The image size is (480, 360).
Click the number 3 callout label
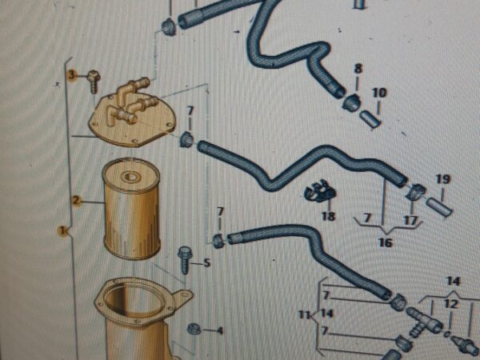pyautogui.click(x=71, y=75)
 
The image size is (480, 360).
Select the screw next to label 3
pyautogui.click(x=94, y=82)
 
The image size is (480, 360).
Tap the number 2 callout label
pyautogui.click(x=76, y=201)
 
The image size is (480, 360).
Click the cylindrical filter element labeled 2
pyautogui.click(x=132, y=209)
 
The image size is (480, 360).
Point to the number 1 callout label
pyautogui.click(x=62, y=230)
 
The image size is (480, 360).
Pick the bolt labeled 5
pyautogui.click(x=185, y=259)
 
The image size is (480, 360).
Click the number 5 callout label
pyautogui.click(x=207, y=263)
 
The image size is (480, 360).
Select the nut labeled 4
pyautogui.click(x=194, y=329)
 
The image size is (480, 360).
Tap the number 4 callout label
pyautogui.click(x=219, y=331)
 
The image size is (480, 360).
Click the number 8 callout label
pyautogui.click(x=358, y=69)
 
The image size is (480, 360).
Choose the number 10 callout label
pyautogui.click(x=379, y=93)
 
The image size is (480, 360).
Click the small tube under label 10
pyautogui.click(x=370, y=119)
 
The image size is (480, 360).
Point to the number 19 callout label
pyautogui.click(x=443, y=179)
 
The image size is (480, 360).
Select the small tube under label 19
pyautogui.click(x=439, y=207)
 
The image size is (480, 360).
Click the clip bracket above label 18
pyautogui.click(x=320, y=192)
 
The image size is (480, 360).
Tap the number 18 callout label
pyautogui.click(x=329, y=217)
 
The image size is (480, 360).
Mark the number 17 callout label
pyautogui.click(x=410, y=221)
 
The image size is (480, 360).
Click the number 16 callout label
pyautogui.click(x=386, y=242)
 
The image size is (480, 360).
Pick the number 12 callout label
pyautogui.click(x=451, y=304)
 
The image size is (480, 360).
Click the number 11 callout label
pyautogui.click(x=304, y=314)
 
